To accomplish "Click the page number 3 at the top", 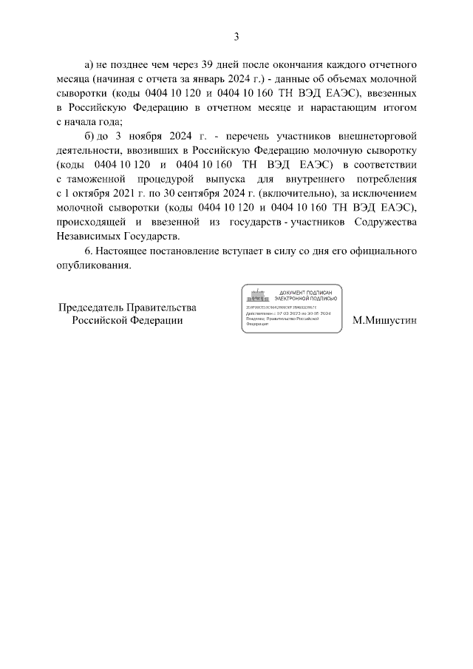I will (236, 36).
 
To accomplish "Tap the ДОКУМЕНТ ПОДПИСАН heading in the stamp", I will (305, 292).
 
